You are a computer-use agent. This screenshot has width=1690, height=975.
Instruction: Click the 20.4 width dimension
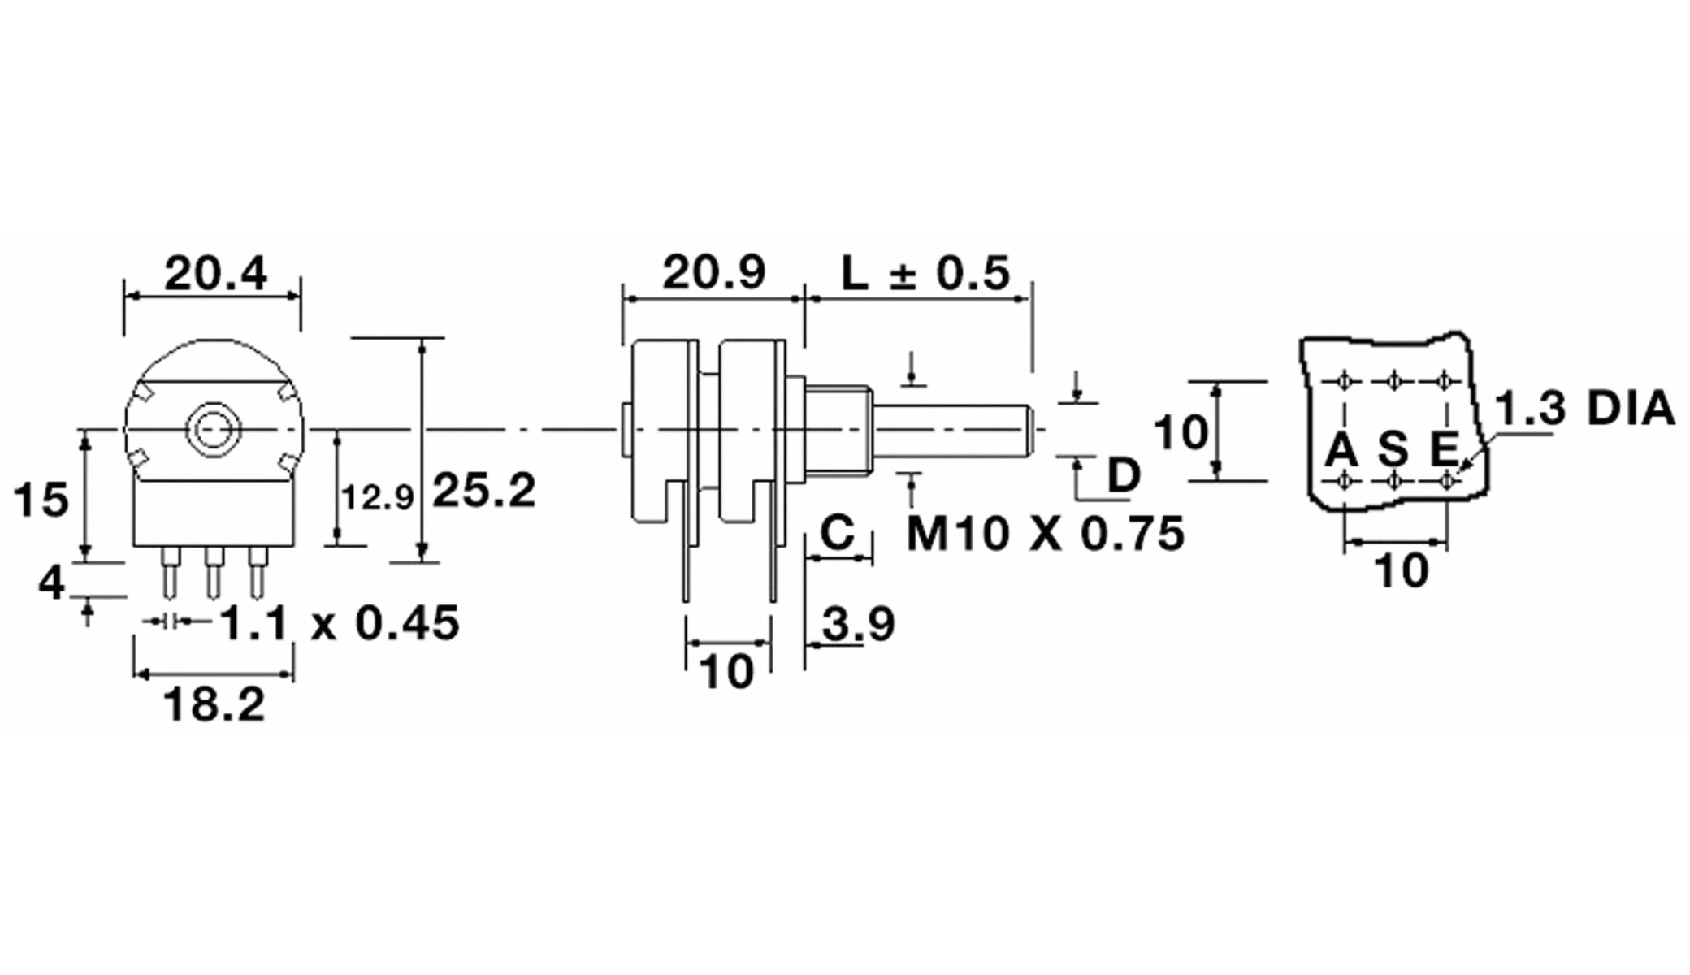coord(215,274)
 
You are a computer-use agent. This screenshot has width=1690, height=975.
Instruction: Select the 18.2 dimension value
coord(214,704)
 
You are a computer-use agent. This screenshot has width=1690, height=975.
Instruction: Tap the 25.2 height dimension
coord(484,491)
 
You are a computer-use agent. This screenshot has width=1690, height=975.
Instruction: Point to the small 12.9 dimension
coord(378,497)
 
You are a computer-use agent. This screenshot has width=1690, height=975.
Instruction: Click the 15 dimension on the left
coord(41,500)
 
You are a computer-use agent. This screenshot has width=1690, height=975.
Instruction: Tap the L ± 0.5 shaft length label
coord(925,273)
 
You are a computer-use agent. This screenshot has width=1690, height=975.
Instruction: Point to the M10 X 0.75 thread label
coord(1045,534)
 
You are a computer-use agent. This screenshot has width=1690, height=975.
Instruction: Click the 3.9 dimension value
coord(858,624)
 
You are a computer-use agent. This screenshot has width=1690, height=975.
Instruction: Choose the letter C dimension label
coord(838,533)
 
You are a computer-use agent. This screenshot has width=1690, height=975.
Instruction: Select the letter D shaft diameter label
coord(1124,474)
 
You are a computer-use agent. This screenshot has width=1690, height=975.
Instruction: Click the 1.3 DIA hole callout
coord(1584,409)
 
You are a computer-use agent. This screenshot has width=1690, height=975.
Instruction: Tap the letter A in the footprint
coord(1341,449)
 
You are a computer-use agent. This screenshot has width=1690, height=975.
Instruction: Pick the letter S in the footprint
coord(1393,449)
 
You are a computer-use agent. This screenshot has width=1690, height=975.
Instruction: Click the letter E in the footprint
coord(1444,449)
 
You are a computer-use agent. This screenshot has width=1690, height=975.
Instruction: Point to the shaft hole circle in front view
coord(213,429)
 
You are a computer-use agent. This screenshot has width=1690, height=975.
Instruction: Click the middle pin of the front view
coord(214,572)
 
